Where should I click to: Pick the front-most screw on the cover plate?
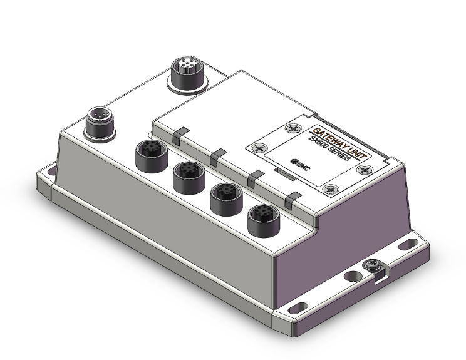click(x=331, y=189)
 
